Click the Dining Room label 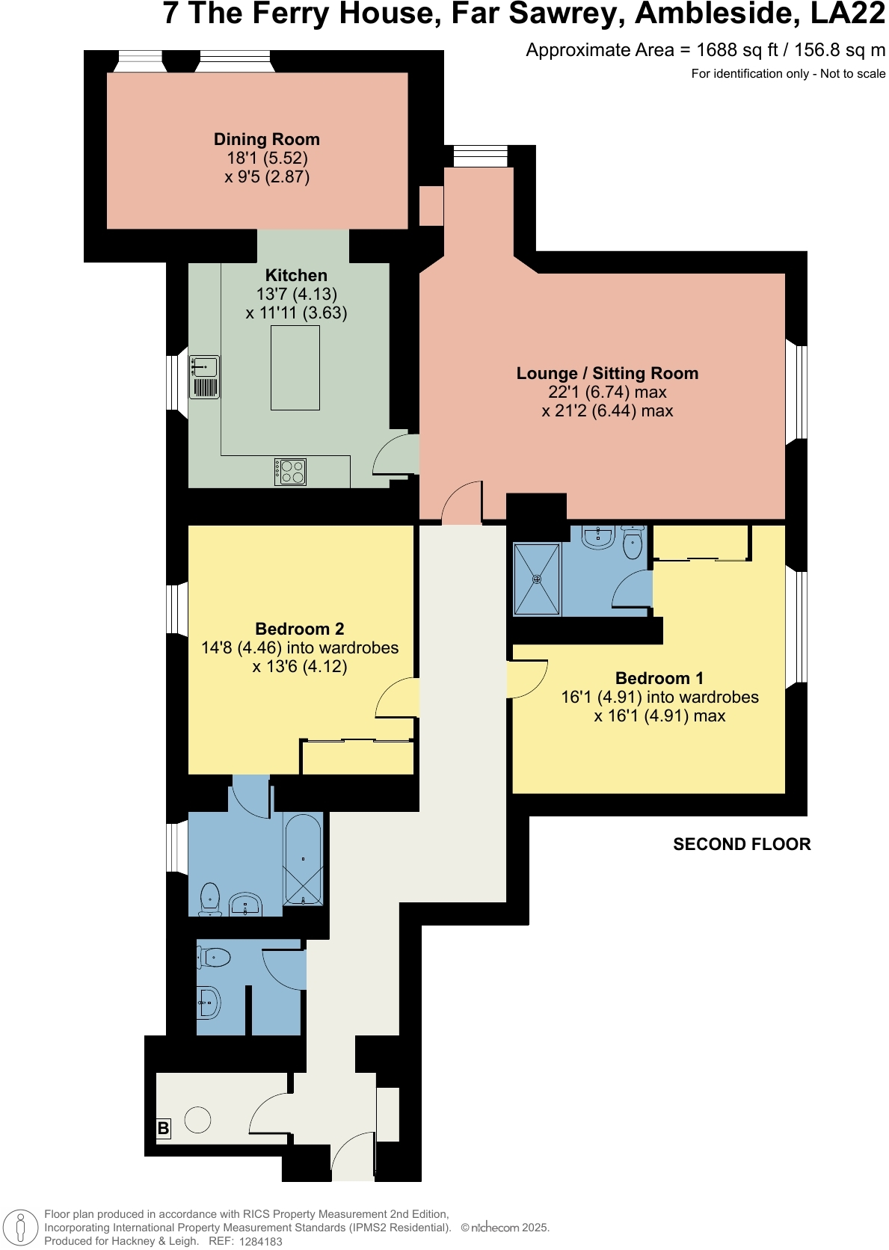pyautogui.click(x=267, y=140)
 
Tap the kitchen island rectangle pyautogui.click(x=295, y=367)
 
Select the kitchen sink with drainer pyautogui.click(x=204, y=377)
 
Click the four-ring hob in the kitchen pyautogui.click(x=291, y=472)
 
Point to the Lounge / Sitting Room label pyautogui.click(x=607, y=374)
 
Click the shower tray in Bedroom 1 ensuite pyautogui.click(x=537, y=579)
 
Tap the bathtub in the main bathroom pyautogui.click(x=303, y=860)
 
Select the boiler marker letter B pyautogui.click(x=163, y=1128)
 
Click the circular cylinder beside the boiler pyautogui.click(x=198, y=1120)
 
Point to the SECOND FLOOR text pyautogui.click(x=742, y=845)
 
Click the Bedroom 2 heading pyautogui.click(x=300, y=629)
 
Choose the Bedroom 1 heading pyautogui.click(x=659, y=679)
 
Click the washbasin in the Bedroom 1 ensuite pyautogui.click(x=598, y=536)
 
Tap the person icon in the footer pyautogui.click(x=21, y=1228)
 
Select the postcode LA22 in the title pyautogui.click(x=848, y=13)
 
